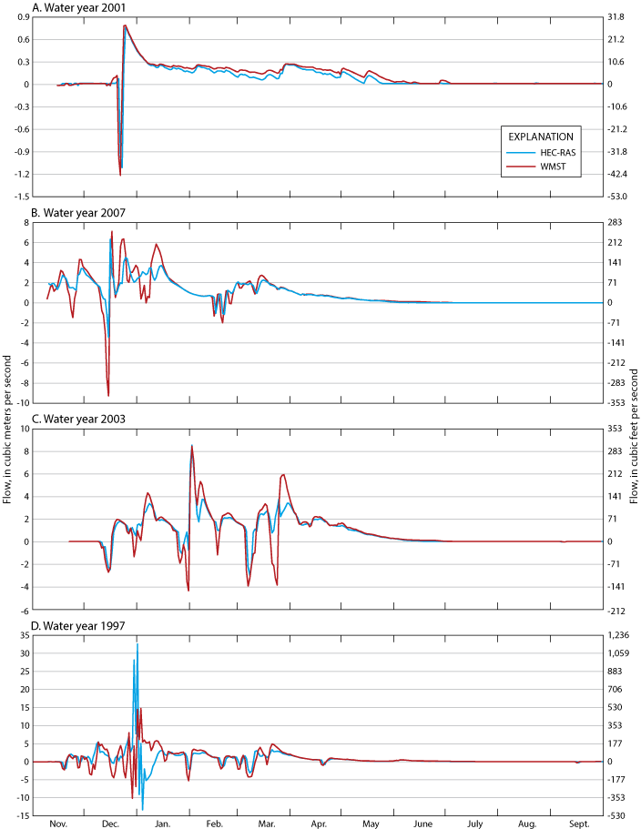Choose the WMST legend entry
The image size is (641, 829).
point(553,169)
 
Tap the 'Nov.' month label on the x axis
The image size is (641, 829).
point(57,822)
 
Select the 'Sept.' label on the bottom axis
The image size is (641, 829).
point(580,822)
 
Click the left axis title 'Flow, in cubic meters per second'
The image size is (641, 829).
point(7,414)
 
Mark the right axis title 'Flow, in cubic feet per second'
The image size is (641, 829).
point(634,414)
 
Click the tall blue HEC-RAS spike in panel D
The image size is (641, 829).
point(137,644)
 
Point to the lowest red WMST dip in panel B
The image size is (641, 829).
point(108,395)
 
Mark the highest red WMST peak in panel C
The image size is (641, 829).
point(192,446)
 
